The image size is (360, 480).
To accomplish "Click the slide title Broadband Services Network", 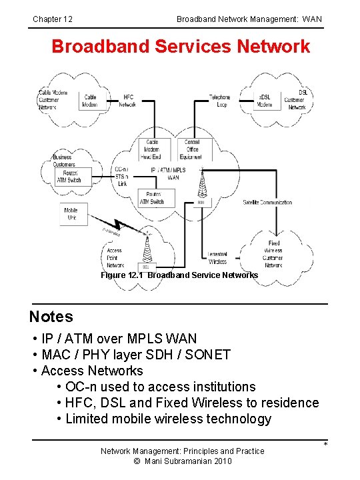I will [x=181, y=47].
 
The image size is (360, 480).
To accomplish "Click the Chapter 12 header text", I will [x=53, y=19].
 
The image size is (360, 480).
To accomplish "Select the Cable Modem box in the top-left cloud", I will [x=89, y=101].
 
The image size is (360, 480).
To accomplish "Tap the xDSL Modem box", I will [x=265, y=101].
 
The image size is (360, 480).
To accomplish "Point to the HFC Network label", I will [x=127, y=101].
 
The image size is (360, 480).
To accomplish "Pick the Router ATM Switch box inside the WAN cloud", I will [x=151, y=197].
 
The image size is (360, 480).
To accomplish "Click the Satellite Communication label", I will [x=267, y=202].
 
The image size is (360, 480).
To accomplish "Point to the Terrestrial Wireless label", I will [x=217, y=258].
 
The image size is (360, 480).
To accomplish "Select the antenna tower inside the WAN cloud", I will [x=201, y=187].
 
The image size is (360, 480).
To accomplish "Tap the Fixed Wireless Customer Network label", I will [x=273, y=255].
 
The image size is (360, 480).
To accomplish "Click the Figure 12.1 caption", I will [x=179, y=275].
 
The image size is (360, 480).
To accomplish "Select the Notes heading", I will [x=51, y=317].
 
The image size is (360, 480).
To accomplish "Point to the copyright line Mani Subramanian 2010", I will [x=182, y=461].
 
